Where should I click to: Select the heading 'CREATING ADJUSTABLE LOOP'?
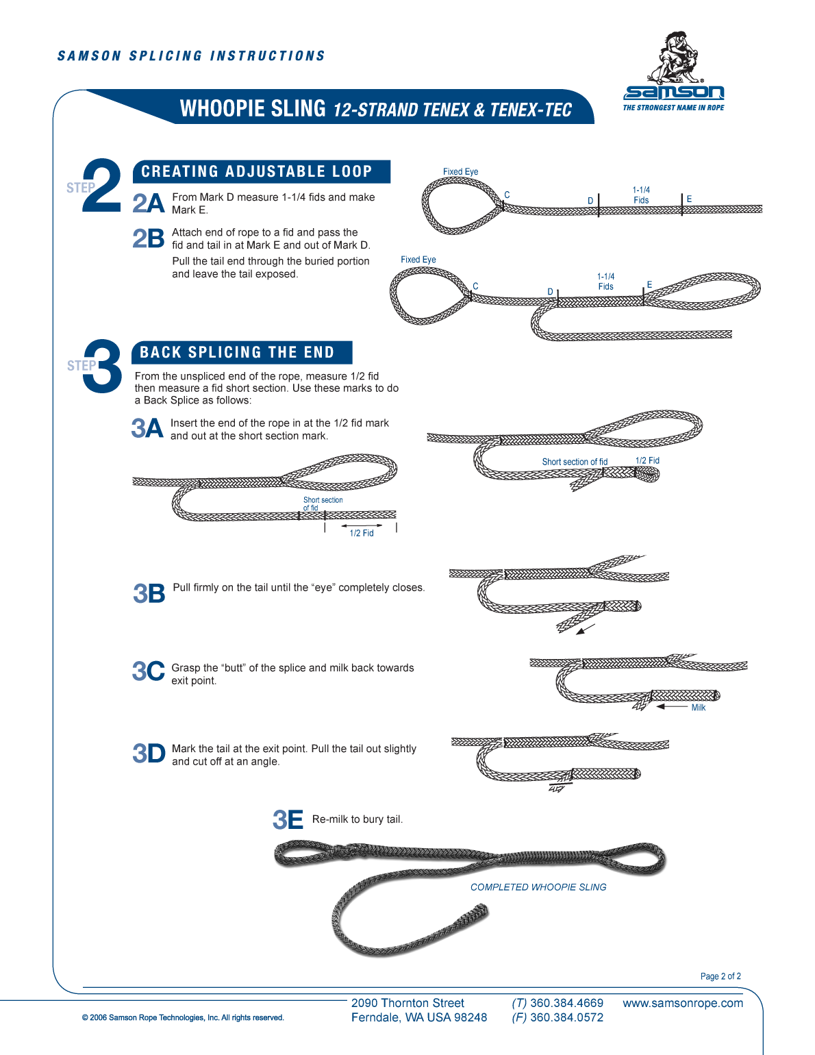258,171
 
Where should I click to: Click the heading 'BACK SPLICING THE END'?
238,352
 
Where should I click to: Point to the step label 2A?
149,203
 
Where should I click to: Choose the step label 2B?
149,238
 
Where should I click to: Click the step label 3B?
149,593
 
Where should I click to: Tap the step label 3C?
149,671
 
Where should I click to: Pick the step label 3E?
288,819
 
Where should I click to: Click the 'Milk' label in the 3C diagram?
698,708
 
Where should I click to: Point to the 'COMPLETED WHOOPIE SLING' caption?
538,887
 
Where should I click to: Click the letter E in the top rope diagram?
689,199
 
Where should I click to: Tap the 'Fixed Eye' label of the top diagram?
460,172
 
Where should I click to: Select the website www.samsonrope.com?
683,1004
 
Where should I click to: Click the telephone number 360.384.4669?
566,1004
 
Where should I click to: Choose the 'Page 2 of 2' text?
720,976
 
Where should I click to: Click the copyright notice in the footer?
183,1018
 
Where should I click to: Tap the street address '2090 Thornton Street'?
407,1004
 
